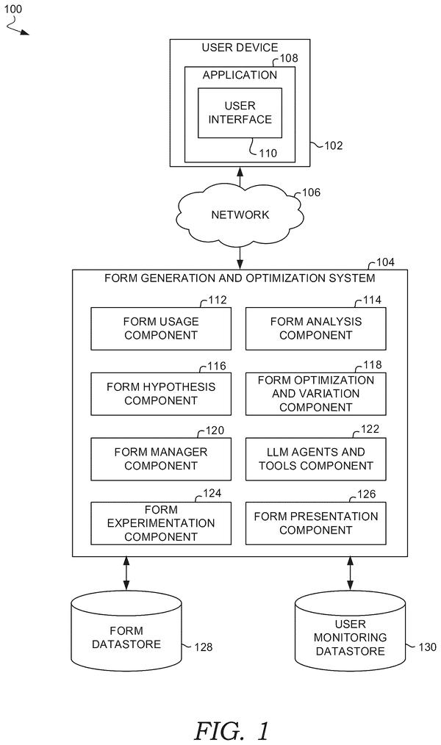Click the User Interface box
pyautogui.click(x=240, y=112)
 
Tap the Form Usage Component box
pyautogui.click(x=161, y=328)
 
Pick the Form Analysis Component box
pyautogui.click(x=315, y=328)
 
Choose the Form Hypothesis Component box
pyautogui.click(x=161, y=394)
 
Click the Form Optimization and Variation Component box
pyautogui.click(x=315, y=394)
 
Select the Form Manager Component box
pyautogui.click(x=161, y=459)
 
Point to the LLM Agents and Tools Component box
pyautogui.click(x=315, y=459)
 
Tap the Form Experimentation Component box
pyautogui.click(x=161, y=523)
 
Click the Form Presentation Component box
pyautogui.click(x=315, y=523)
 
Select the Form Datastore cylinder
pyautogui.click(x=126, y=631)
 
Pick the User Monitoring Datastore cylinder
pyautogui.click(x=351, y=631)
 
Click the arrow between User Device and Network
pyautogui.click(x=240, y=177)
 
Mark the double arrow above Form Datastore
pyautogui.click(x=126, y=574)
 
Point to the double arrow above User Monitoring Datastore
pyautogui.click(x=351, y=574)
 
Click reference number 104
pyautogui.click(x=385, y=262)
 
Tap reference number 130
pyautogui.click(x=427, y=647)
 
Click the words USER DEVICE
pyautogui.click(x=240, y=48)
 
